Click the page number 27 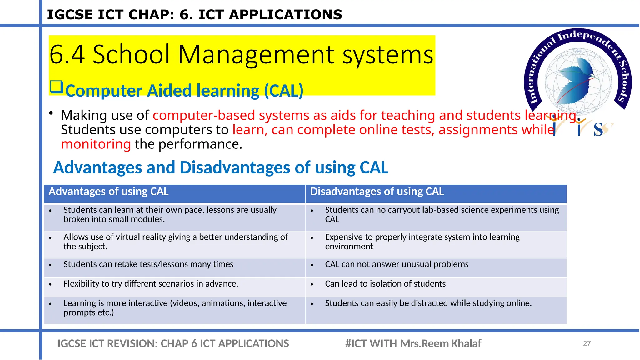click(587, 343)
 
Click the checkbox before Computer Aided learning click(57, 87)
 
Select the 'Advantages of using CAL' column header click(108, 192)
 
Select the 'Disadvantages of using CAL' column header click(377, 192)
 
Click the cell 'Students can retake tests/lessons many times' click(148, 264)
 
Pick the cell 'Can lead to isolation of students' click(385, 284)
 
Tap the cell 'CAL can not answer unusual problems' click(397, 264)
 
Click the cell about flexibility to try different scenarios click(151, 284)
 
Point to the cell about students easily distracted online click(428, 303)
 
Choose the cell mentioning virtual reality click(175, 242)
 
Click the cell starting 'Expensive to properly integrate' click(422, 242)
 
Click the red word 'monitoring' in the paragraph click(96, 144)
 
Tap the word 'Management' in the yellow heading click(256, 55)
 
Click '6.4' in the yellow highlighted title click(67, 55)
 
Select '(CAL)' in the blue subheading click(283, 91)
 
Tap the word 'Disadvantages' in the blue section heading click(235, 167)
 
